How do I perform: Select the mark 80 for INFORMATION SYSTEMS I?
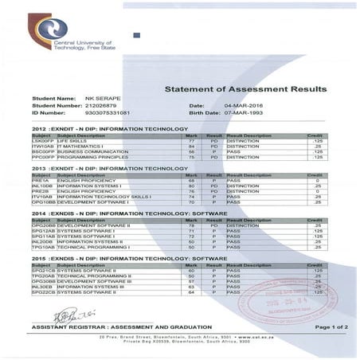coord(191,186)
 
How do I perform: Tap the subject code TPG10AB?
coord(42,248)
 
